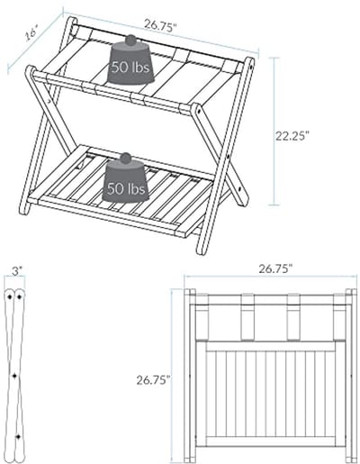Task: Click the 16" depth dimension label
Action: coord(31,33)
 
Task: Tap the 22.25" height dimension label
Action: coord(292,136)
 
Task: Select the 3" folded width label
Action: coord(17,271)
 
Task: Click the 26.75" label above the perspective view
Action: coord(159,25)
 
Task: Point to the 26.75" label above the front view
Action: coord(275,268)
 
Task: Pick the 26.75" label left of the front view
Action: coord(154,380)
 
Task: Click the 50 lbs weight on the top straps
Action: coord(130,63)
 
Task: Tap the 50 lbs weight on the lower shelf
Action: coord(126,181)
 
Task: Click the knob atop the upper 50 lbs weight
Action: coord(130,40)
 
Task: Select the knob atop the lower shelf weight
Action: coord(126,159)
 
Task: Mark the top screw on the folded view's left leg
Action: coord(10,297)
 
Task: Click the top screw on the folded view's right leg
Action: coord(20,297)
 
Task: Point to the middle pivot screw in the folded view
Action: coord(14,376)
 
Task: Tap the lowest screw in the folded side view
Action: coord(18,436)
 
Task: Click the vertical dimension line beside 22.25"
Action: coord(274,132)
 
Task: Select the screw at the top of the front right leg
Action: coord(198,111)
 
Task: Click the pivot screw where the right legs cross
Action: coord(229,156)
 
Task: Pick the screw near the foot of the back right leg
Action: coord(239,189)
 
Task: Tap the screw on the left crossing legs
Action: coord(49,101)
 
